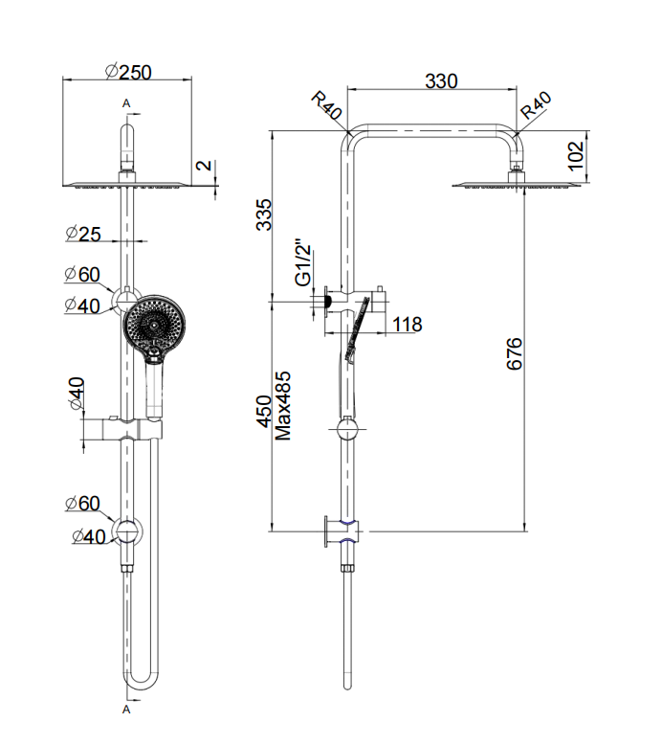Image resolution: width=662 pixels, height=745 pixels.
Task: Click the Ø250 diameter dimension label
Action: click(127, 72)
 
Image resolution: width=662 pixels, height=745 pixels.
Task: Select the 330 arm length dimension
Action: click(441, 81)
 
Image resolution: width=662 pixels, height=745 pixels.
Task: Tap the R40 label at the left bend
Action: click(326, 105)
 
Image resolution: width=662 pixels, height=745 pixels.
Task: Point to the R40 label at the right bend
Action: click(537, 105)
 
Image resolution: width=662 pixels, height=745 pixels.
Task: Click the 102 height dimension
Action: click(576, 155)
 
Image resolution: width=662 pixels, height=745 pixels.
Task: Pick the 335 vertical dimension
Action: click(264, 214)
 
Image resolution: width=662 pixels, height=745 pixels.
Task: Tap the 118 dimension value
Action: click(408, 325)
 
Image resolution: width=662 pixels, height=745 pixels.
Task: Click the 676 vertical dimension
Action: click(514, 353)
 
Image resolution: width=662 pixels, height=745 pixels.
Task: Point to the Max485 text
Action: click(282, 406)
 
